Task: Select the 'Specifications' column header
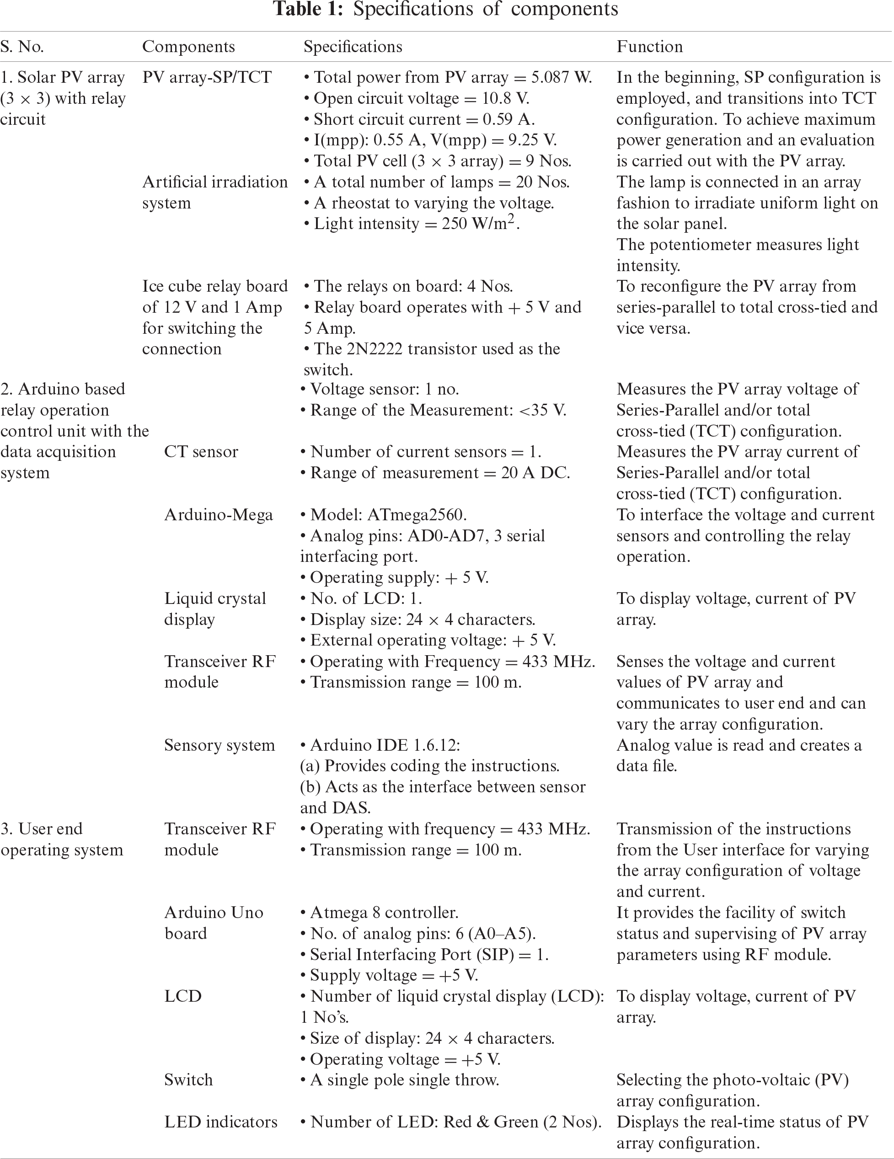pos(353,47)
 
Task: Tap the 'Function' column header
pos(649,47)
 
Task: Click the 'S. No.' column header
pos(22,47)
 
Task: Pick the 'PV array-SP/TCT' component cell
pos(207,77)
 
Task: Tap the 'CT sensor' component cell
pos(201,452)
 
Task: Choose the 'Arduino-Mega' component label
pos(218,515)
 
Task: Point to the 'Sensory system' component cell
pos(219,745)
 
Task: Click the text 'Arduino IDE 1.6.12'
pos(385,745)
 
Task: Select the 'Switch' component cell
pos(188,1080)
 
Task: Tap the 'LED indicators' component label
pos(220,1122)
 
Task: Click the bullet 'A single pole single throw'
pos(404,1080)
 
